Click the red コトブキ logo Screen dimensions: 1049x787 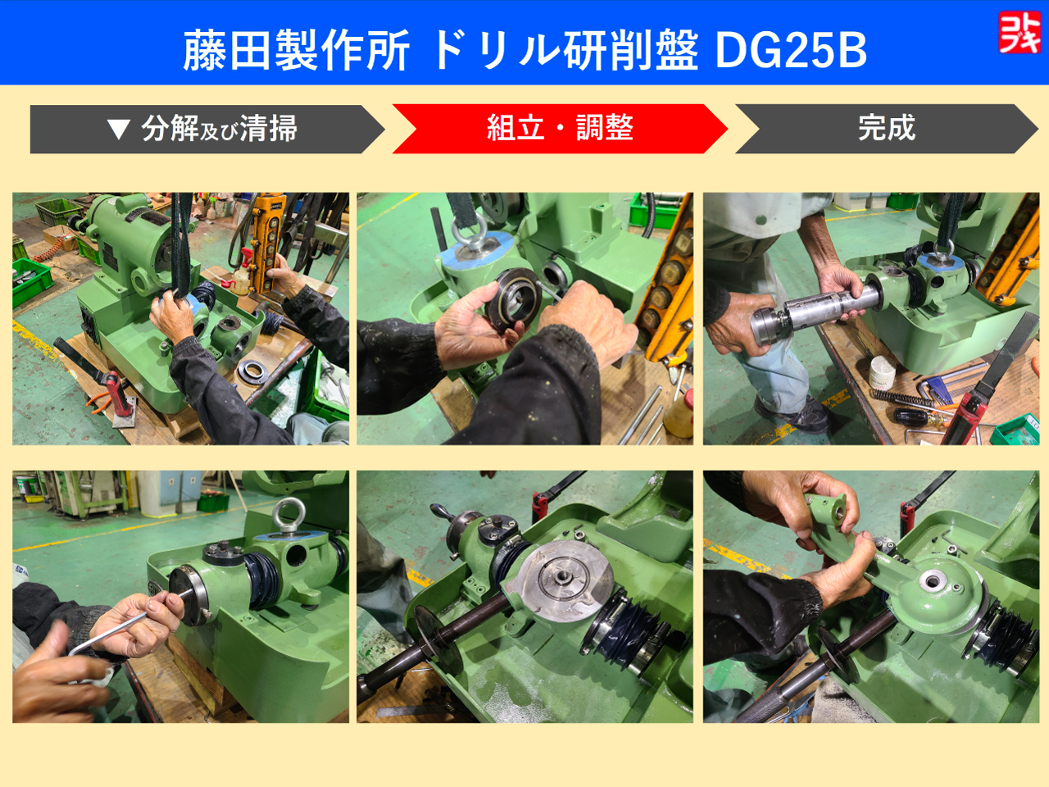pyautogui.click(x=1019, y=33)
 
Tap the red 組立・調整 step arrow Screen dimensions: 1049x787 pyautogui.click(x=560, y=128)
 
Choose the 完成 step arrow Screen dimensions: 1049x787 pyautogui.click(x=887, y=128)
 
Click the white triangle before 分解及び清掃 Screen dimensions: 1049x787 pyautogui.click(x=119, y=129)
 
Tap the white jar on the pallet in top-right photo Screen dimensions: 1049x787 pyautogui.click(x=882, y=373)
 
